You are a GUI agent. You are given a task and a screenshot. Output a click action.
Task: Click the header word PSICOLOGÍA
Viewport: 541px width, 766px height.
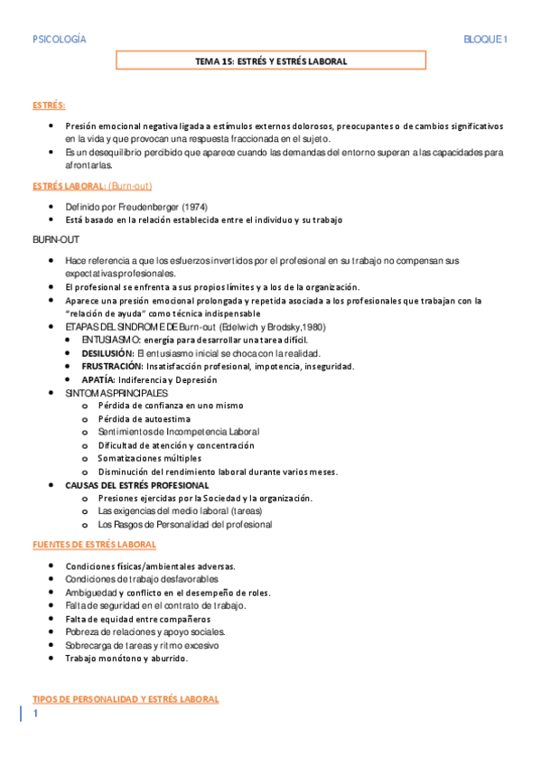(60, 39)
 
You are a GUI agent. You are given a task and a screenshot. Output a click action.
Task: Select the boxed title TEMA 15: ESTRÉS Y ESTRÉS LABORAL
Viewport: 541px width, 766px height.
(271, 61)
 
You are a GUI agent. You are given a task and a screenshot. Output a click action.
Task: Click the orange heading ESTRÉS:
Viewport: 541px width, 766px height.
(48, 106)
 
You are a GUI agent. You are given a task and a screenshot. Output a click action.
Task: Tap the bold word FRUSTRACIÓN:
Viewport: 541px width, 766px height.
(112, 366)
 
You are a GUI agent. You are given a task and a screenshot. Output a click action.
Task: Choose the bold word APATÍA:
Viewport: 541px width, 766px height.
(99, 379)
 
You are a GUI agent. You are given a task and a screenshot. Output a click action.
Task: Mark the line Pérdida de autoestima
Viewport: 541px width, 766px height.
(145, 419)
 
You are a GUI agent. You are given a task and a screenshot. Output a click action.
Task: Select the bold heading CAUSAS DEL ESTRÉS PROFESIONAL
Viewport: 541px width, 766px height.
(136, 485)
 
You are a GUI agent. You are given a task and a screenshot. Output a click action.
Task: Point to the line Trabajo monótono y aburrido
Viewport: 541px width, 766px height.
(126, 659)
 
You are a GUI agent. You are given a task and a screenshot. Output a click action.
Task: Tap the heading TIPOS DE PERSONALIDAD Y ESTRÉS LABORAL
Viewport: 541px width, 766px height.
(125, 699)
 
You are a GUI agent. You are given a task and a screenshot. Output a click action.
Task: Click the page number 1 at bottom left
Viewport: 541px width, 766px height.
(36, 715)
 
